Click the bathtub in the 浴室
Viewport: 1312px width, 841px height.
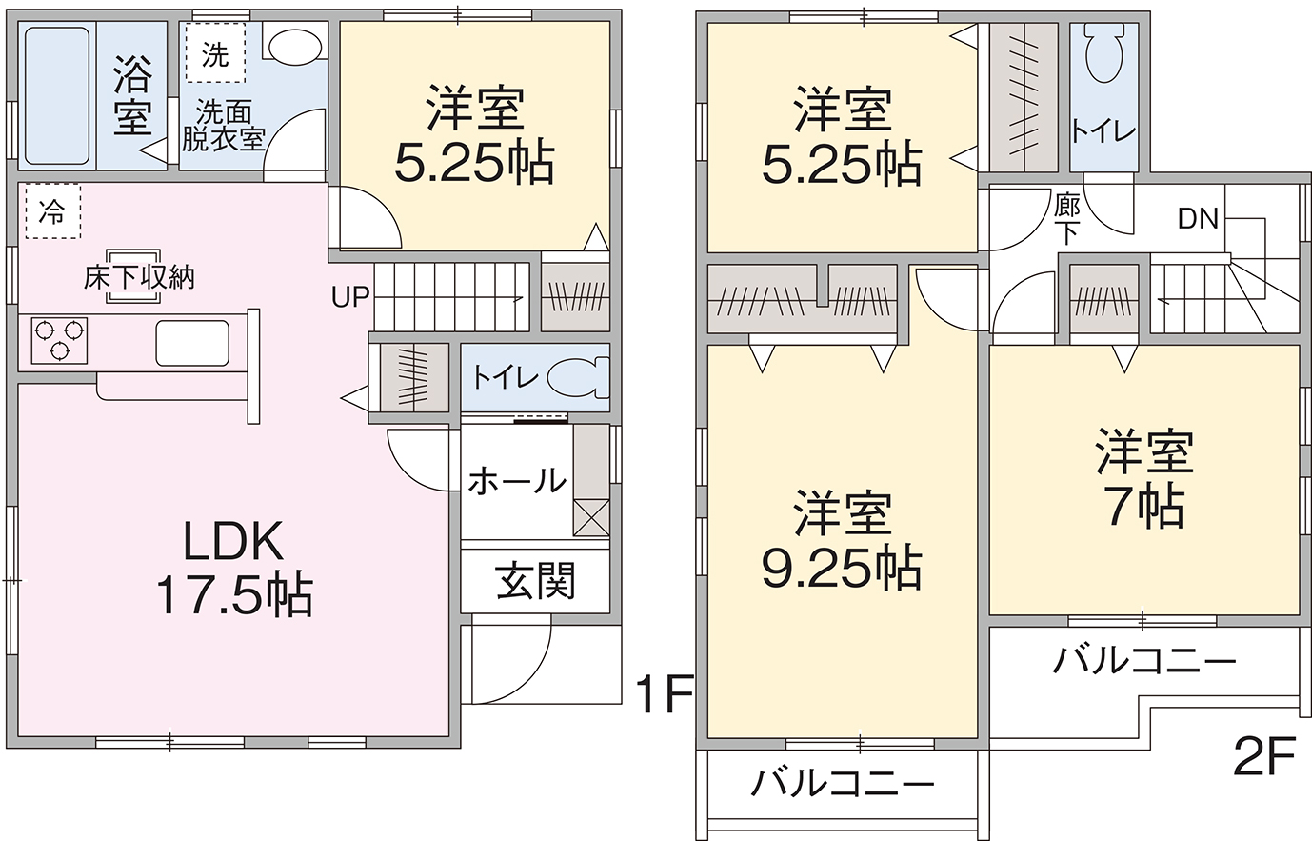coord(57,96)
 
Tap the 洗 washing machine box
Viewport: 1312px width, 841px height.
coord(215,52)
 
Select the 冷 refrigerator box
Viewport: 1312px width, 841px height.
coord(52,211)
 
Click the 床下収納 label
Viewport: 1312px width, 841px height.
coord(139,278)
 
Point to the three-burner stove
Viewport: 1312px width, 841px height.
coord(59,341)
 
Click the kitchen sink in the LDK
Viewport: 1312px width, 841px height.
coord(192,343)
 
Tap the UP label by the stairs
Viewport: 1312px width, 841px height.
coord(350,298)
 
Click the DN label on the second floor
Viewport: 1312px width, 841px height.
coord(1199,219)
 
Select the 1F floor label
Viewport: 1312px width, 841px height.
coord(665,694)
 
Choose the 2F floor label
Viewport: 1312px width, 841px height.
coord(1264,755)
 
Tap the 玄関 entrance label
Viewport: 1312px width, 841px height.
coord(536,581)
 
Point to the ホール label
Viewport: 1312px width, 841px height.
coord(517,481)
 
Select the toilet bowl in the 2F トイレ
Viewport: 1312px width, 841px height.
coord(1104,54)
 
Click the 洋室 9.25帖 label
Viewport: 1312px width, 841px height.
coord(843,540)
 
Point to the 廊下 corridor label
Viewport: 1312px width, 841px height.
coord(1067,219)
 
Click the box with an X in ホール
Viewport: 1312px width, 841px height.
coord(591,517)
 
